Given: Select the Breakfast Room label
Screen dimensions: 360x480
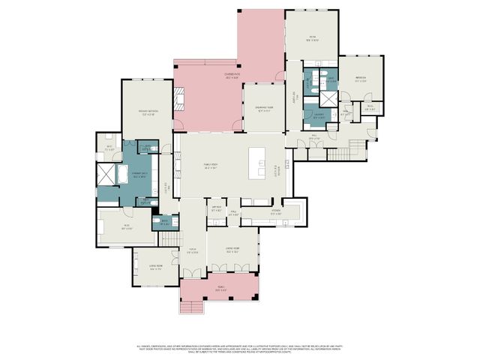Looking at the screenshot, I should tap(264, 107).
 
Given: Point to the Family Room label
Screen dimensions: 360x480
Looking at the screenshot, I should tap(211, 166).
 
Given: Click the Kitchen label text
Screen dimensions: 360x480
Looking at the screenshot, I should tap(275, 212).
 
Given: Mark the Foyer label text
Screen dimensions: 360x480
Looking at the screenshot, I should tap(192, 251).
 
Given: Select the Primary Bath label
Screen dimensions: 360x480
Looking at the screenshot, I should tap(139, 175).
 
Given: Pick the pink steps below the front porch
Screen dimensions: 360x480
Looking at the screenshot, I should tap(193, 307).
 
